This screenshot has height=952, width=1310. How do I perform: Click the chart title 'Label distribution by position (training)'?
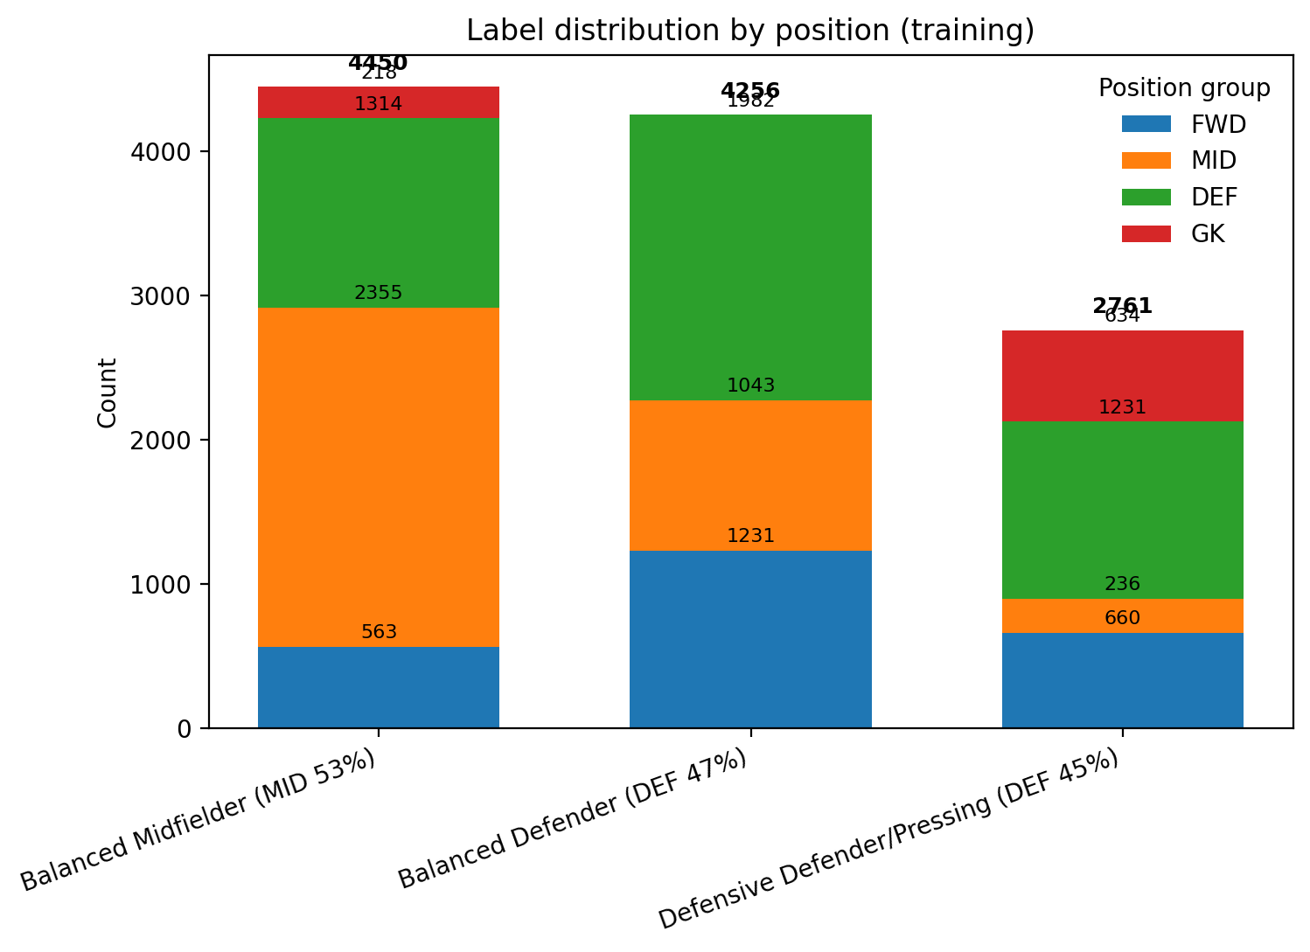749,31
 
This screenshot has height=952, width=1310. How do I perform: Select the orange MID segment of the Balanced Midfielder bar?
378,476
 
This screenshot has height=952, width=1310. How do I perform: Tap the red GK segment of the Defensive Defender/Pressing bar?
1122,376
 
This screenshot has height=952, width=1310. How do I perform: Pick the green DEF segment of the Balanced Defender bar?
750,257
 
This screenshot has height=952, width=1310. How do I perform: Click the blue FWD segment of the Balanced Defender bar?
750,638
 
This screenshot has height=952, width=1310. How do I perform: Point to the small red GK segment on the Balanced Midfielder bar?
378,102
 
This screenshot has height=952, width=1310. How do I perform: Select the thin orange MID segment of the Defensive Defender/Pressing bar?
1122,615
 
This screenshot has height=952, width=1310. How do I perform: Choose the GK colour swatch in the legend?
1146,234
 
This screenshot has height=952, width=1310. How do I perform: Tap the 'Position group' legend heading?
1184,88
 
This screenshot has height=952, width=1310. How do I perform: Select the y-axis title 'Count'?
108,393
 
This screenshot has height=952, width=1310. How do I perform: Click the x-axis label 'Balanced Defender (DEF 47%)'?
573,818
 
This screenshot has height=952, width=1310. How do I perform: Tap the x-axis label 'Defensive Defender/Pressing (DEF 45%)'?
888,839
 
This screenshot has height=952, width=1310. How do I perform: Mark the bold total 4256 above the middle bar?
750,91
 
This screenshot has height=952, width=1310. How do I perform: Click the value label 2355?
378,293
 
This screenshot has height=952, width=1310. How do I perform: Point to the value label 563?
378,632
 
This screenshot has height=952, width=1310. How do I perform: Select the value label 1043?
750,386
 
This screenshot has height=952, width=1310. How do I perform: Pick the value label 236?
1122,584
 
